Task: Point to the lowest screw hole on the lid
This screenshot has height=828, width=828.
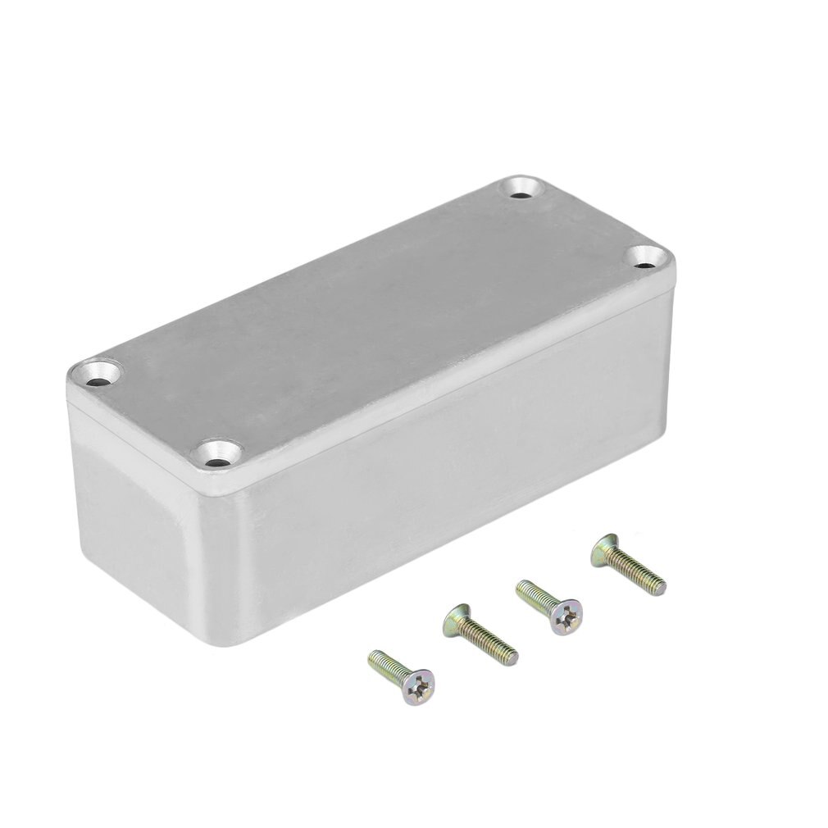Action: pyautogui.click(x=219, y=460)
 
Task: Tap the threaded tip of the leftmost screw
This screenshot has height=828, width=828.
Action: pyautogui.click(x=375, y=657)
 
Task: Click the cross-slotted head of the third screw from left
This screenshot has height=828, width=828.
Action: pyautogui.click(x=567, y=616)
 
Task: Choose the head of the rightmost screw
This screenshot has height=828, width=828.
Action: pyautogui.click(x=604, y=548)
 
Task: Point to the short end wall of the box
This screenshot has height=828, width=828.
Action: pyautogui.click(x=131, y=508)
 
